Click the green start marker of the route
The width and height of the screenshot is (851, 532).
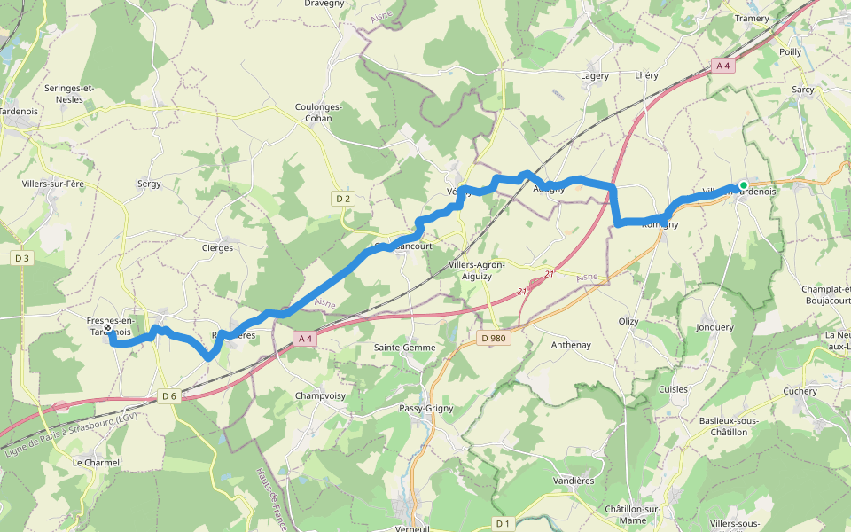point(743,185)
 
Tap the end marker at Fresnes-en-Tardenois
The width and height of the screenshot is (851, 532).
point(107,328)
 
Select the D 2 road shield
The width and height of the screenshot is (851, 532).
point(344,199)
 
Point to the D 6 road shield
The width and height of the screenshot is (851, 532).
point(169,395)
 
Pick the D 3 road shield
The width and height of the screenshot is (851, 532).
point(22,258)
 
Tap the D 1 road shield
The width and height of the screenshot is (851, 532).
point(503,523)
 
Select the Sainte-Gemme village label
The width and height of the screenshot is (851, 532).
point(404,348)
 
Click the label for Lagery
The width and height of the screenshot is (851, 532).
point(595,76)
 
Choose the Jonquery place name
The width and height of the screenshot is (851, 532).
point(714,327)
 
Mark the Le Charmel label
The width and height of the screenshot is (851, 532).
point(96,463)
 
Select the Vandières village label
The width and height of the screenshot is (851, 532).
point(573,481)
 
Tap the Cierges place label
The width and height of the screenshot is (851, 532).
point(217,248)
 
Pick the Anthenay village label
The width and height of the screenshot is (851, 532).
point(570,344)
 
